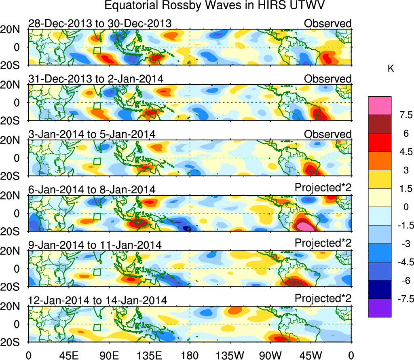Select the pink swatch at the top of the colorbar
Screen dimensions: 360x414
coord(380,105)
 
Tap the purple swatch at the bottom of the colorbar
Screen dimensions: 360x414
coord(380,308)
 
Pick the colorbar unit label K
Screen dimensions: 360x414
coord(391,69)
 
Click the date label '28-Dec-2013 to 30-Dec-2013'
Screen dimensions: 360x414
coord(100,23)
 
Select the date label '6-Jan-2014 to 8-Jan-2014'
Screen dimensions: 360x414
coord(92,189)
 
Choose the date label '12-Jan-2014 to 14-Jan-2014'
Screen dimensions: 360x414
coord(97,301)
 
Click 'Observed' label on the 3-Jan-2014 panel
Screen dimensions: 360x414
coord(328,134)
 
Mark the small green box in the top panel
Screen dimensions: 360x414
coord(97,51)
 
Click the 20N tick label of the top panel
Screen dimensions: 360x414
coord(13,30)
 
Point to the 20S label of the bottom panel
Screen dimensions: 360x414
coord(13,342)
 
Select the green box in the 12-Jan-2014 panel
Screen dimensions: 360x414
coord(97,327)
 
